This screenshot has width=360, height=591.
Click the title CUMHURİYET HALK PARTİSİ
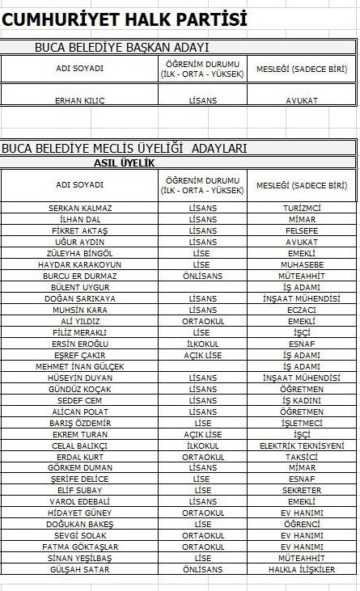click(125, 19)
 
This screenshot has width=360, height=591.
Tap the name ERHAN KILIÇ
click(80, 101)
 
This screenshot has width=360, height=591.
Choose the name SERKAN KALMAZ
click(80, 208)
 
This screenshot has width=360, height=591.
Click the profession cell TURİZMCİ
click(302, 208)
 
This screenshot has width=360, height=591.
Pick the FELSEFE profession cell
click(302, 230)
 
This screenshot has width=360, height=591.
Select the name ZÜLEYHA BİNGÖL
click(80, 253)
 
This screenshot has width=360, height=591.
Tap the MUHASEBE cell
click(302, 264)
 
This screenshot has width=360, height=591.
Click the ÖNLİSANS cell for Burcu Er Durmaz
click(202, 276)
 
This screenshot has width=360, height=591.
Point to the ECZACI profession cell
click(302, 310)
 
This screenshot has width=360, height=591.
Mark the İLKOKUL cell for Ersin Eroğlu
click(202, 344)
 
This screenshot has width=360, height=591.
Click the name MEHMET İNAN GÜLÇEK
click(80, 366)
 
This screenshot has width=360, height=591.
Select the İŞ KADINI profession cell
click(302, 400)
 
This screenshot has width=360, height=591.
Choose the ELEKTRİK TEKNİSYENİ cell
click(302, 445)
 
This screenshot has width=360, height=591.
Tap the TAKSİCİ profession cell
click(302, 457)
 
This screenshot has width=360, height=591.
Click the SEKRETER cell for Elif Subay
click(302, 490)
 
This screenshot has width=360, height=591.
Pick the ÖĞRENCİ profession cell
click(302, 524)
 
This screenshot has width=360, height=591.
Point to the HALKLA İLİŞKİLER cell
click(302, 569)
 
